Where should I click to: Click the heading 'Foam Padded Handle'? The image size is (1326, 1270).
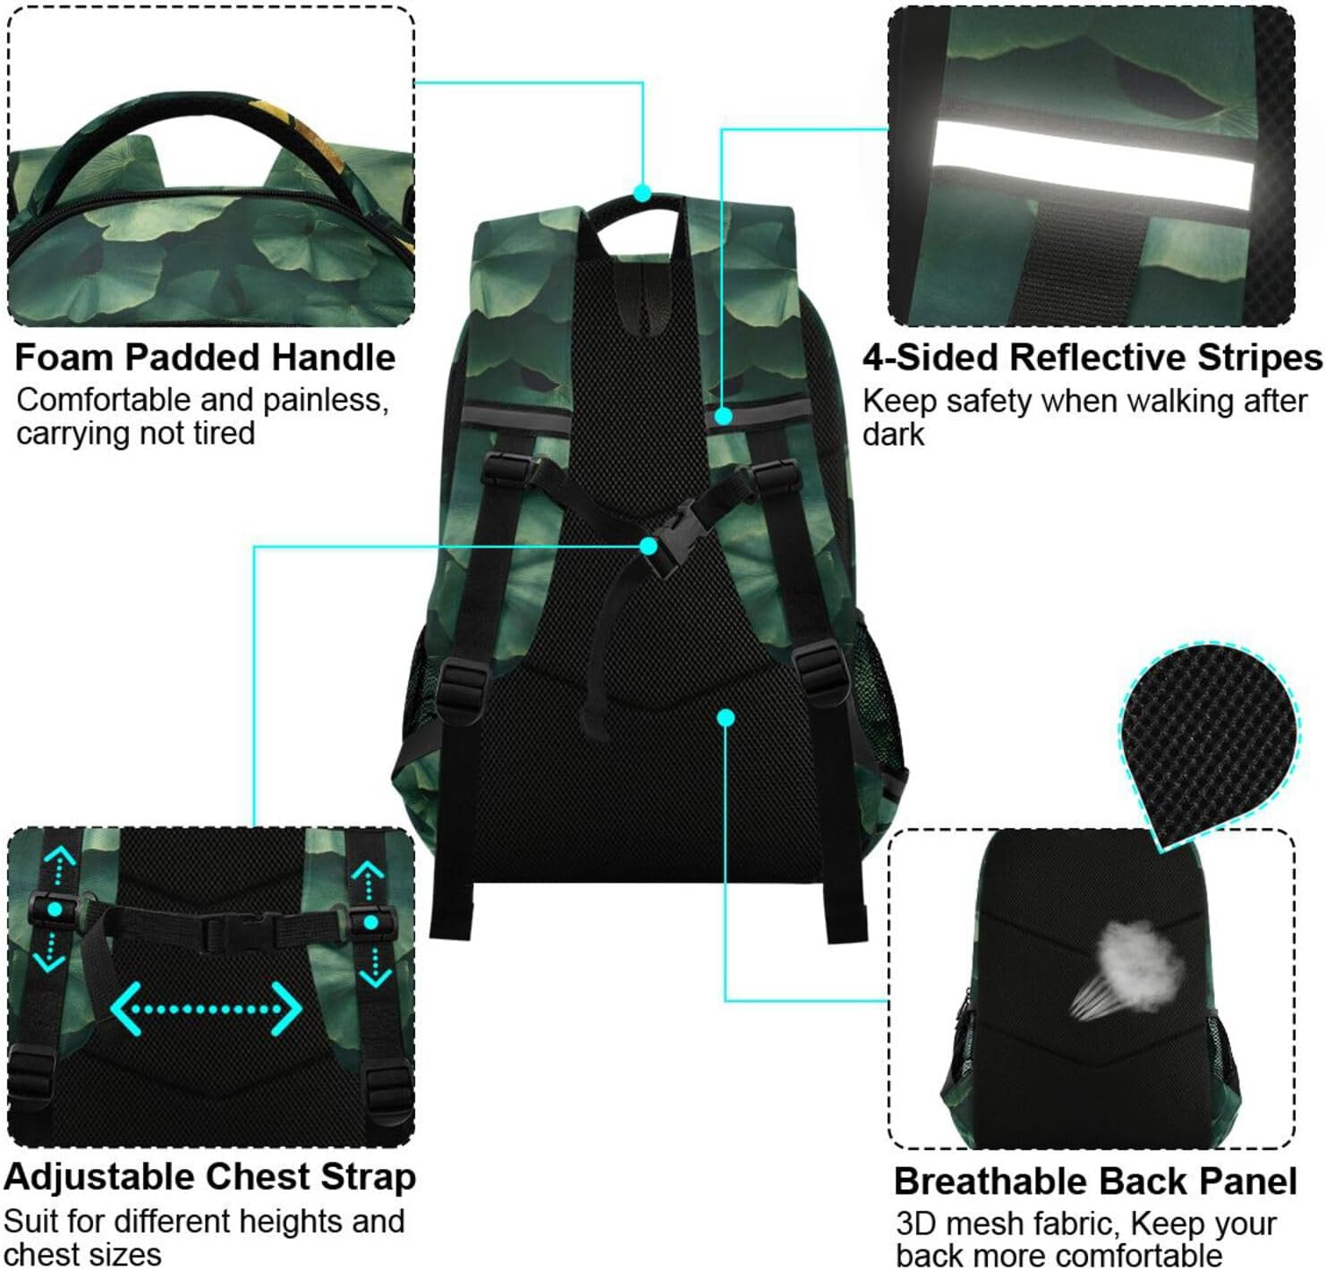[205, 358]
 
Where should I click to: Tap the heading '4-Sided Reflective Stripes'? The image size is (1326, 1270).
[1092, 358]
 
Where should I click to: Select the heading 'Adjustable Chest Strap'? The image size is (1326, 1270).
[209, 1177]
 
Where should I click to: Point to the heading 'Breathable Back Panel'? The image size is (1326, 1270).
[1095, 1181]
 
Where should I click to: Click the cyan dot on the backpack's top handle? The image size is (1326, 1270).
[642, 192]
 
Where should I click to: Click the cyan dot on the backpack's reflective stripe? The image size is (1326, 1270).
[724, 416]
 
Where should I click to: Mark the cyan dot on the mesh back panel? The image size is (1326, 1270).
[726, 717]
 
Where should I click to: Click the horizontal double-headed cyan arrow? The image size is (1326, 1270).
[206, 1009]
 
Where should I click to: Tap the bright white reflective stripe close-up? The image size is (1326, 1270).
[1092, 165]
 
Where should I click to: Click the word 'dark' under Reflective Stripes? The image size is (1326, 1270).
[893, 435]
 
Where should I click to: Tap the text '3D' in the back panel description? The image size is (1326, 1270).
[916, 1223]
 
